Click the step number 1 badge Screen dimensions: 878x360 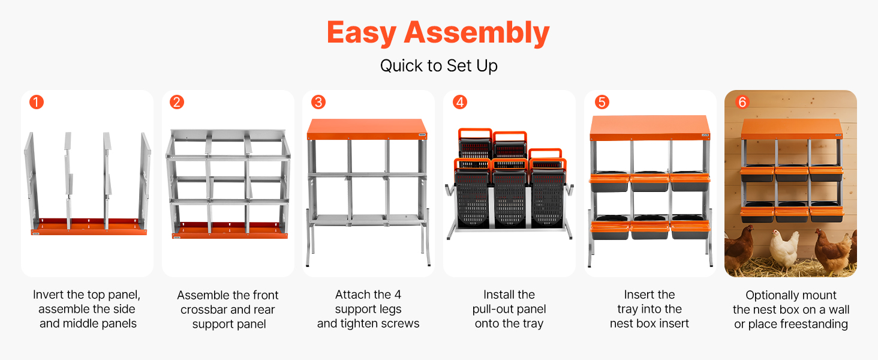click(37, 103)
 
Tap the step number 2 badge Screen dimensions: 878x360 click(177, 103)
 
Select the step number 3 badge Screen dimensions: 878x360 click(318, 103)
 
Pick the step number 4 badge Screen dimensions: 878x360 click(460, 103)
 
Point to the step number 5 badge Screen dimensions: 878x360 click(602, 103)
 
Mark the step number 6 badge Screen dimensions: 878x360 click(742, 103)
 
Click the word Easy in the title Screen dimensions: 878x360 click(362, 34)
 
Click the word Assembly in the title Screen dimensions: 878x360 click(477, 34)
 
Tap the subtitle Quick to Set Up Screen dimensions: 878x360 click(438, 66)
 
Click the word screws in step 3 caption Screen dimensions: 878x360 click(401, 323)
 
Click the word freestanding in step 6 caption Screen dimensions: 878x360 click(814, 324)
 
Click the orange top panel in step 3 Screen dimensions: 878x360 click(367, 129)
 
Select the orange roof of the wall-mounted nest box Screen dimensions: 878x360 click(792, 128)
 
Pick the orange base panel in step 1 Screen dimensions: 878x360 click(89, 227)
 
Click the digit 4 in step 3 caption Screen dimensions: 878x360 click(398, 295)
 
